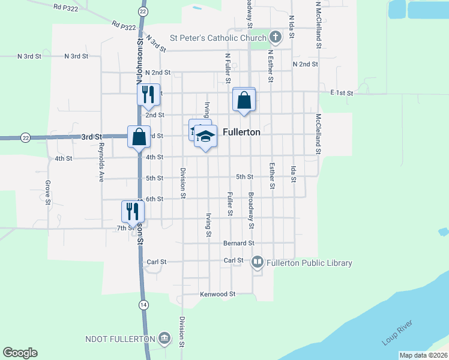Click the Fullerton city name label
[241, 133]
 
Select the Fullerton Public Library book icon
[258, 262]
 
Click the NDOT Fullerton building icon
[164, 339]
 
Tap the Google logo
[20, 353]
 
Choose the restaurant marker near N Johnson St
[148, 94]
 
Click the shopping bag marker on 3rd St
[139, 136]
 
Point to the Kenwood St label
[217, 295]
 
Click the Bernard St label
[239, 243]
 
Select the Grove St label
[47, 193]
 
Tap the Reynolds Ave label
[101, 162]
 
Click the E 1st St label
[342, 93]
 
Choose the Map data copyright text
[423, 355]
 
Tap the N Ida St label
[291, 27]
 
